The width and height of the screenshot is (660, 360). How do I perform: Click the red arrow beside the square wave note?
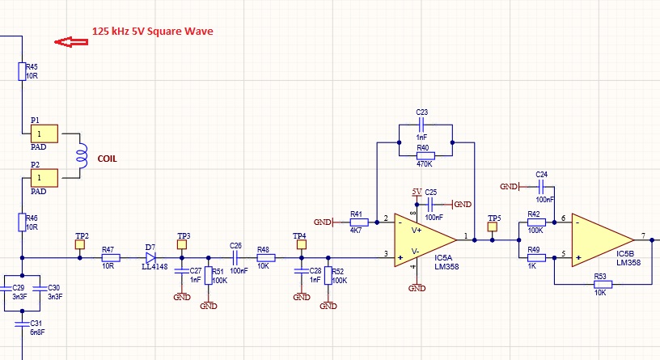(x=68, y=42)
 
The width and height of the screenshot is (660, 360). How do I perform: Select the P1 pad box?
(x=44, y=133)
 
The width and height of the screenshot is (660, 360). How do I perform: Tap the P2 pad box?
(x=44, y=176)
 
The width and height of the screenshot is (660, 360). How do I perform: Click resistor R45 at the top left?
(x=22, y=71)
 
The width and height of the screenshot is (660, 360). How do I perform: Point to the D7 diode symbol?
(x=150, y=258)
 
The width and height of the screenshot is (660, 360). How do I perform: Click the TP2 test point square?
(x=80, y=244)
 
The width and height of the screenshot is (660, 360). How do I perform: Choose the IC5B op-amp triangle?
(x=601, y=239)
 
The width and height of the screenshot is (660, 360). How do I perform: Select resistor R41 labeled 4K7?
(x=356, y=222)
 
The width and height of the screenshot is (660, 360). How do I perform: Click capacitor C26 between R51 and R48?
(x=236, y=258)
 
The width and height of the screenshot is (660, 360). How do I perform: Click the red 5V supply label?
(x=417, y=191)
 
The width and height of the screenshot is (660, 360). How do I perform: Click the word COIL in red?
(x=107, y=159)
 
